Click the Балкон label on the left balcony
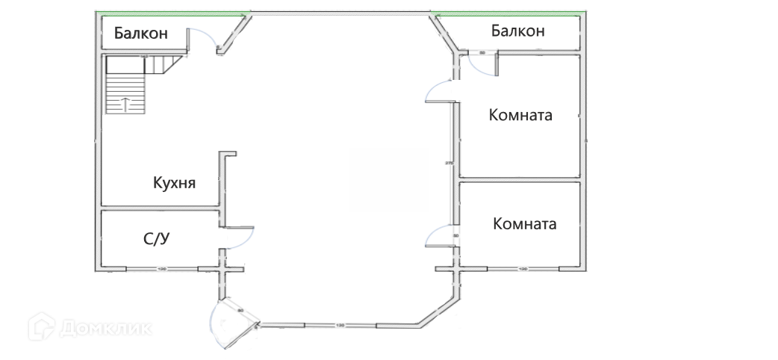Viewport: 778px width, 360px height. (140, 34)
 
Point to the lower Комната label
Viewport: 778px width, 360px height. (525, 224)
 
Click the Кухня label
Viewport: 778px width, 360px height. (174, 183)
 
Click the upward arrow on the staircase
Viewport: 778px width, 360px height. (125, 103)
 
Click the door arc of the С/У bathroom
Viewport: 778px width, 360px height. (240, 240)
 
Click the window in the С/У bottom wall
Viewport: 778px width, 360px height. (161, 269)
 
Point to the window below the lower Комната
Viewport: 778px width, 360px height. (523, 269)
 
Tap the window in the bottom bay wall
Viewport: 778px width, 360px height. (340, 326)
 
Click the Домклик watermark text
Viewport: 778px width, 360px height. (105, 328)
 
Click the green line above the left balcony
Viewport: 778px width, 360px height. (172, 14)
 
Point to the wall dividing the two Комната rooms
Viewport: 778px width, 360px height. (520, 181)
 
